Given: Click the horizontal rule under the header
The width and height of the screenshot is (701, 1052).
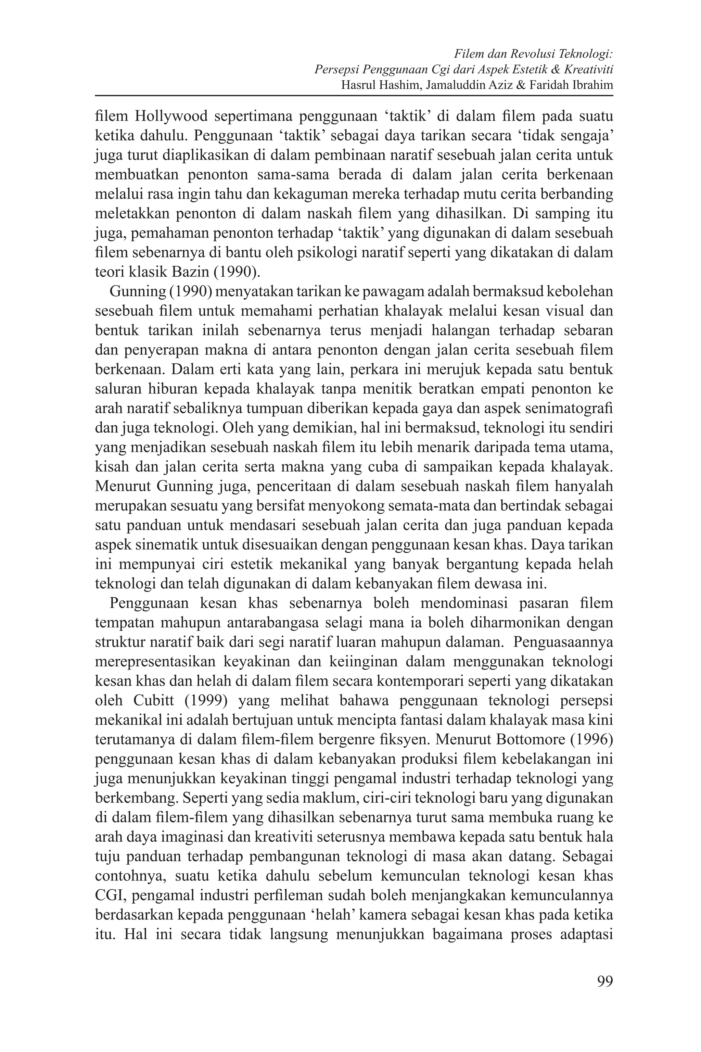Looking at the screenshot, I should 354,95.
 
